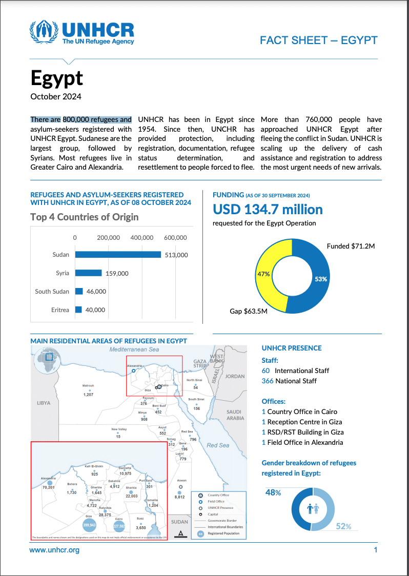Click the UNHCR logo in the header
(83, 33)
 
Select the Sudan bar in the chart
(118, 255)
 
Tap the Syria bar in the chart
(89, 273)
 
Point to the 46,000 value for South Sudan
(96, 292)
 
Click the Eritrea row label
(60, 310)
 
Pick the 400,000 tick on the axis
(141, 238)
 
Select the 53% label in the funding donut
(320, 279)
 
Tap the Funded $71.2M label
(351, 246)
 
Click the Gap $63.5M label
(248, 311)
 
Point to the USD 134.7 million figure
(268, 210)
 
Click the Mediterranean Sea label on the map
(135, 349)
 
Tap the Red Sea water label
(218, 445)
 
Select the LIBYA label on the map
(44, 403)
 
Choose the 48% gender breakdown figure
(273, 492)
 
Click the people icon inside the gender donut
(313, 509)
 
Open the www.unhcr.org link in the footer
(54, 550)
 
